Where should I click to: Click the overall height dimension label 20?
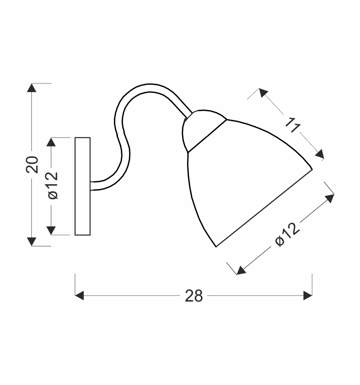32,165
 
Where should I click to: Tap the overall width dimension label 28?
193,295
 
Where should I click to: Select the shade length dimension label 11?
293,125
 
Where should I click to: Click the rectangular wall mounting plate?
83,186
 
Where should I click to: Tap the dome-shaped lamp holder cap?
201,130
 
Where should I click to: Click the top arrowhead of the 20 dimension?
31,88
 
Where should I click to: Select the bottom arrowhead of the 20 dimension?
31,242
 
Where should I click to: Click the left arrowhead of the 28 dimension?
80,295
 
